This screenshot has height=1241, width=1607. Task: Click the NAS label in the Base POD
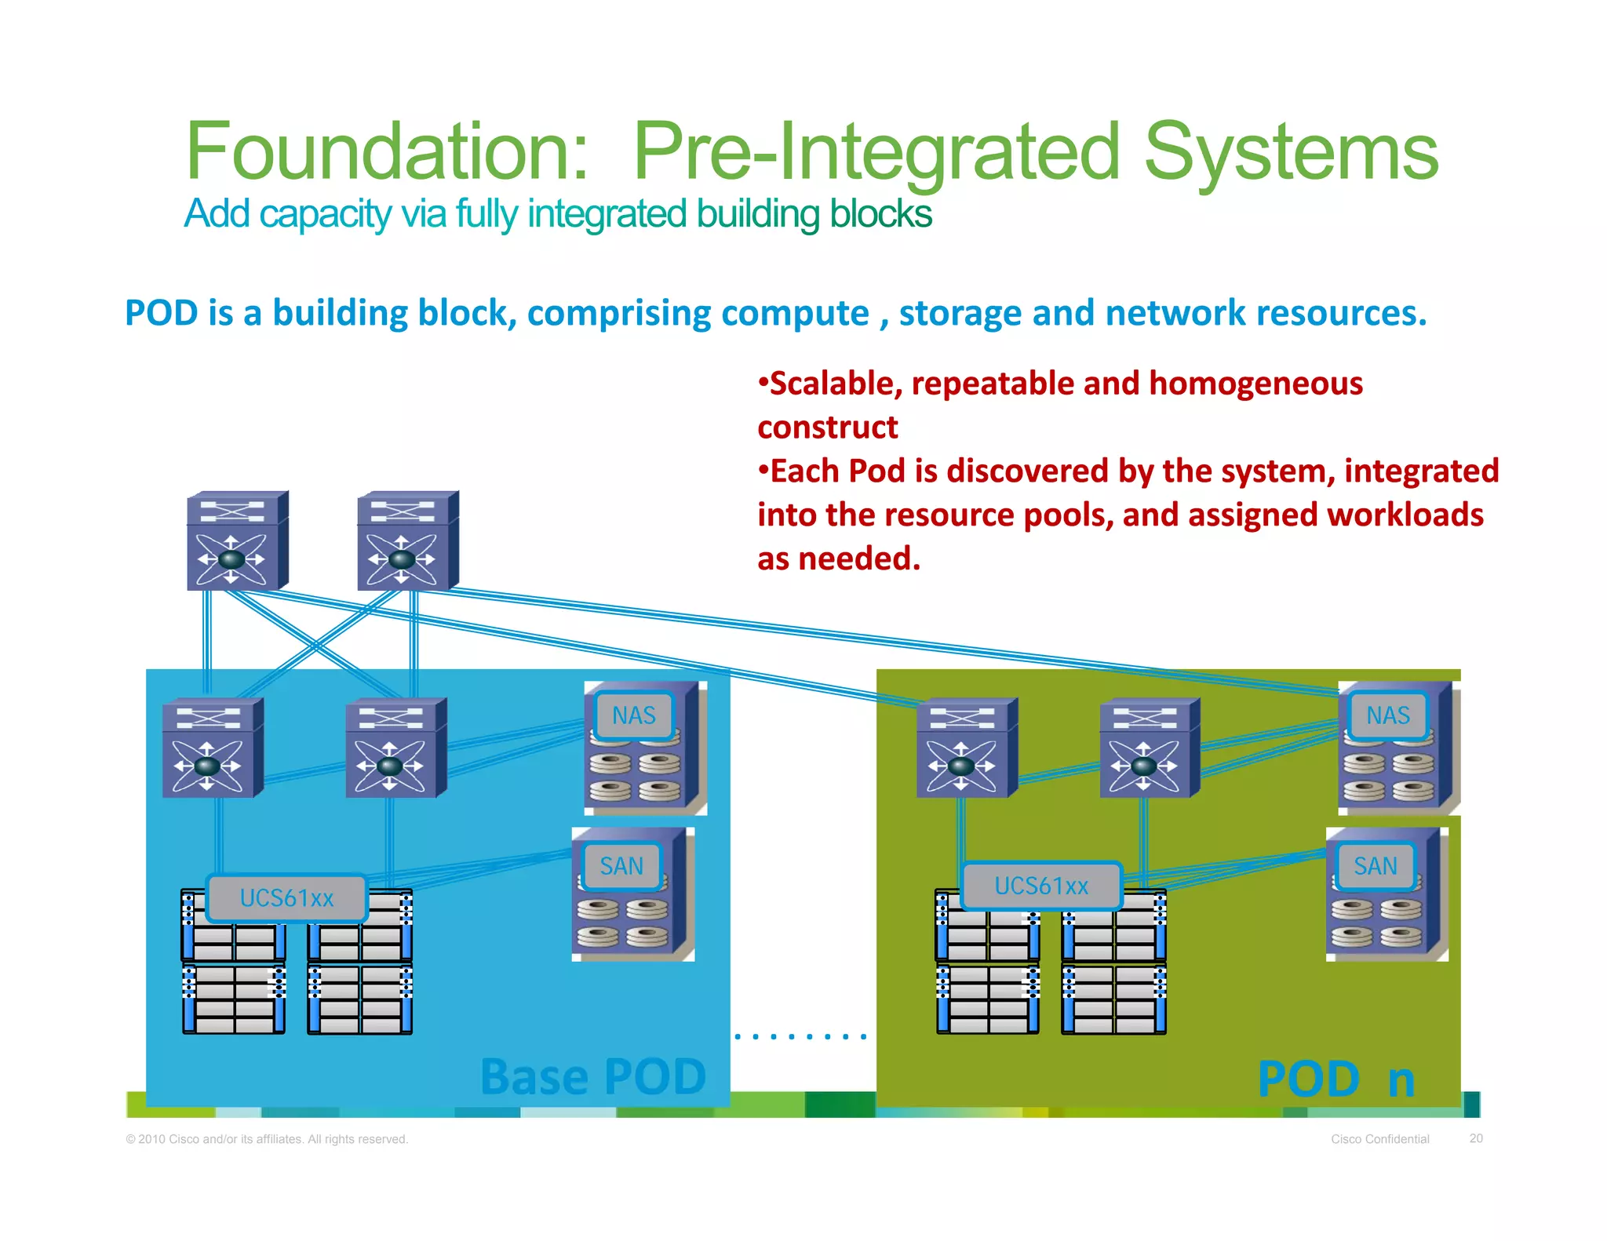(x=634, y=715)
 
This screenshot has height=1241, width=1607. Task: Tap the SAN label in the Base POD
(x=621, y=866)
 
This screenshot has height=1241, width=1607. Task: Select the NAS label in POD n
(x=1387, y=715)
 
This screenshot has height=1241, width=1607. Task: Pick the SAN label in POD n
(x=1376, y=866)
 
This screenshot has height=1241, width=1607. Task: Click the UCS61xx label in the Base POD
(x=287, y=898)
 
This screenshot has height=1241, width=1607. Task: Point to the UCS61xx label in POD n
(x=1041, y=886)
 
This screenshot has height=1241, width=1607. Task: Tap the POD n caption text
(x=1336, y=1079)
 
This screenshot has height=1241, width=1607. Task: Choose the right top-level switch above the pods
(x=407, y=541)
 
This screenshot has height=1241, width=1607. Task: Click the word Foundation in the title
(x=386, y=151)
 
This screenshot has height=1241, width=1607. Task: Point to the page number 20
(x=1476, y=1138)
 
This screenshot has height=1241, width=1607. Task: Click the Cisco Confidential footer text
(x=1379, y=1139)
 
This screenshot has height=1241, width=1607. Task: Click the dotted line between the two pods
(x=800, y=1036)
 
